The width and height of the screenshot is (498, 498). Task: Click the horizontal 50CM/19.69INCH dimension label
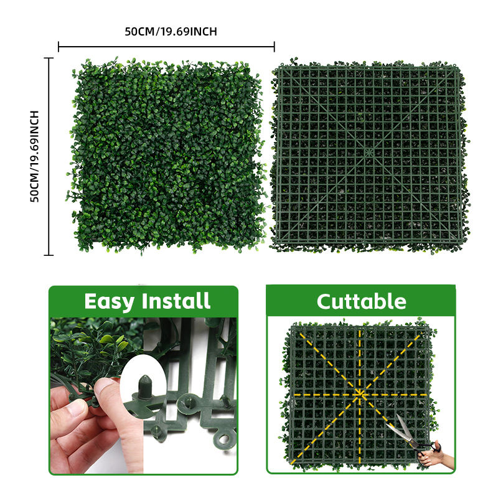click(171, 32)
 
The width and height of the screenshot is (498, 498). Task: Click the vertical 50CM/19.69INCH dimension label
click(34, 156)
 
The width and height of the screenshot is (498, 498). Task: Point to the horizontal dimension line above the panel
click(166, 47)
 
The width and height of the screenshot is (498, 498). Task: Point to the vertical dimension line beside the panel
click(49, 156)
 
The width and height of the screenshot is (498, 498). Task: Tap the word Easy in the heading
click(110, 301)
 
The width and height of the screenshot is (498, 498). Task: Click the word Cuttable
click(362, 301)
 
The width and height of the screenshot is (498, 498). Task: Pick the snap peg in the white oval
click(145, 387)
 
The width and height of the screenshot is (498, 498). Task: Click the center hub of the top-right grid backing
click(369, 152)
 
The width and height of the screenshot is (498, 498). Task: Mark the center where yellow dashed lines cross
click(360, 395)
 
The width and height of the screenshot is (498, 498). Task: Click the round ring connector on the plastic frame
click(224, 439)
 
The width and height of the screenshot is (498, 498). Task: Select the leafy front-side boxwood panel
click(166, 156)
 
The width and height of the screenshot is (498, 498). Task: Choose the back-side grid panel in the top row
click(369, 156)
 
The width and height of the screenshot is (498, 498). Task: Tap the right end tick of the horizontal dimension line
click(275, 47)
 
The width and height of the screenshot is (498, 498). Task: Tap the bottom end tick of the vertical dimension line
click(49, 255)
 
